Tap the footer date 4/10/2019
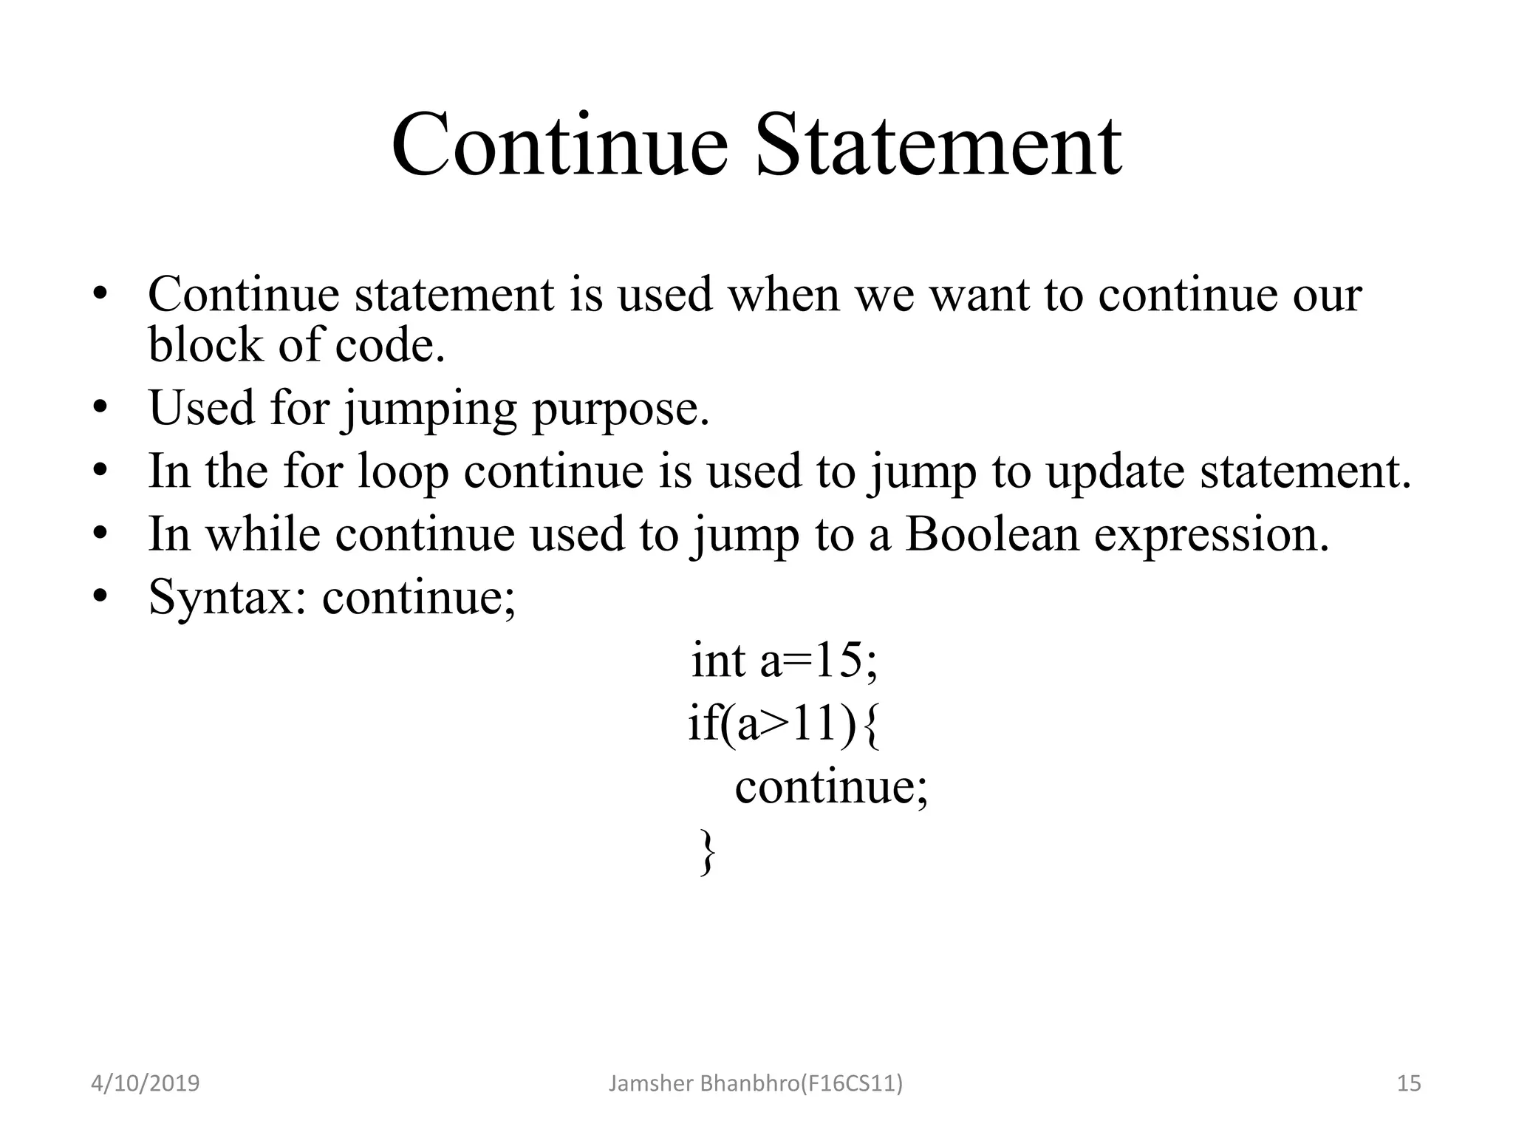coord(145,1083)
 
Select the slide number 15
coord(1409,1083)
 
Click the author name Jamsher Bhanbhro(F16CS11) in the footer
coord(755,1083)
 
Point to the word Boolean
coord(991,534)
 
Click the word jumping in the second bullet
coord(429,408)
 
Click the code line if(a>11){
coord(784,723)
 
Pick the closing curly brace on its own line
coord(707,851)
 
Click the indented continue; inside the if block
coord(830,786)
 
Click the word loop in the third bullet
coord(403,471)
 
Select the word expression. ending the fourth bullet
coord(1211,534)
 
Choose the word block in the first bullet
coord(205,344)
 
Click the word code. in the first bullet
coord(390,344)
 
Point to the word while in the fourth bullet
coord(262,534)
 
